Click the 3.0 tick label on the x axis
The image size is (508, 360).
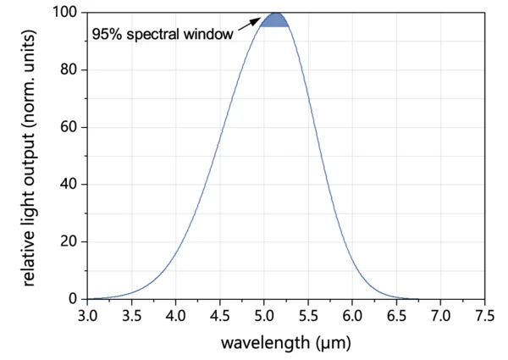coord(87,315)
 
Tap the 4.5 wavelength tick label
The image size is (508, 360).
coord(219,315)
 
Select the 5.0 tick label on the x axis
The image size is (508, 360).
coord(264,315)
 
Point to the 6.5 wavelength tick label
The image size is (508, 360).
coord(396,315)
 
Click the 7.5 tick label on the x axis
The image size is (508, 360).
coord(484,315)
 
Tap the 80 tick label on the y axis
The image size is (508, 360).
coord(69,70)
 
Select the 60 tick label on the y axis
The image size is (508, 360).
coord(69,127)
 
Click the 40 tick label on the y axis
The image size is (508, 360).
coord(69,185)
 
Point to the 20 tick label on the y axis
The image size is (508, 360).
coord(69,241)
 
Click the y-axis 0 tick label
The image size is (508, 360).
coord(73,299)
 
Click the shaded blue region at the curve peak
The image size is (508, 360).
coord(275,20)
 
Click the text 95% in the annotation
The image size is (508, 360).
coord(107,36)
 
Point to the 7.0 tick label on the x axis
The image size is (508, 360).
coord(440,315)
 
